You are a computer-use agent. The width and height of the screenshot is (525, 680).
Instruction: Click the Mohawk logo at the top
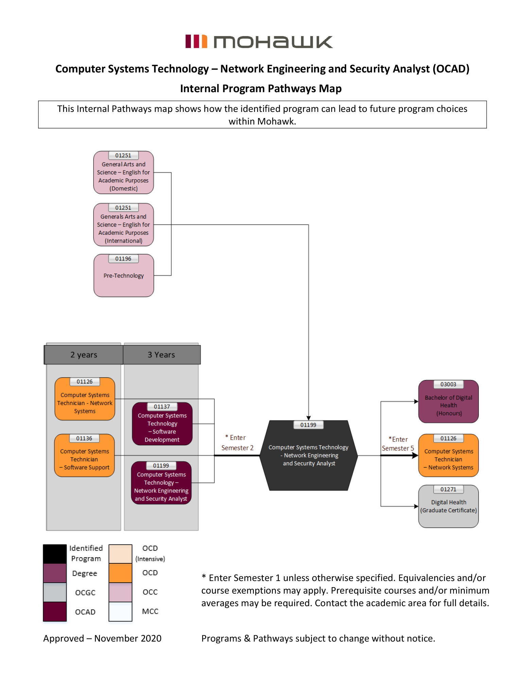click(259, 42)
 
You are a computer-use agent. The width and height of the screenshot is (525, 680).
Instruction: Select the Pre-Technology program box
click(124, 276)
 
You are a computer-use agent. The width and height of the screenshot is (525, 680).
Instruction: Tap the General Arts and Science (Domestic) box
click(124, 173)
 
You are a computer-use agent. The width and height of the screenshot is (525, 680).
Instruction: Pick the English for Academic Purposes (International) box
click(124, 225)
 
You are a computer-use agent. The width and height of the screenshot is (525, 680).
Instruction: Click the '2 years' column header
click(84, 355)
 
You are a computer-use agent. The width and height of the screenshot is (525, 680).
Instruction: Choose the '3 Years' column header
click(161, 355)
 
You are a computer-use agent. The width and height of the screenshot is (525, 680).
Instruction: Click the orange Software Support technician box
click(85, 455)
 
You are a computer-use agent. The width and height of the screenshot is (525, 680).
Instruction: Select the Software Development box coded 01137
click(162, 424)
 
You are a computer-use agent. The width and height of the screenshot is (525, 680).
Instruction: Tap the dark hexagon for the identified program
click(309, 455)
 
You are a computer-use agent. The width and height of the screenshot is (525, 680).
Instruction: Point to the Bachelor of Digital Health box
click(448, 402)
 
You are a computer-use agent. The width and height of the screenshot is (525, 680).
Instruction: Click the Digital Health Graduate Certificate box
click(448, 507)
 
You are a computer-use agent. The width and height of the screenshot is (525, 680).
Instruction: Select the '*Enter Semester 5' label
click(398, 444)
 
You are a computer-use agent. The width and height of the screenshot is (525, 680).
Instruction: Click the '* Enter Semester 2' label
click(237, 443)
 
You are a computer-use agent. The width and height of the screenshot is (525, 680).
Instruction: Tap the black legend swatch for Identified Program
click(55, 554)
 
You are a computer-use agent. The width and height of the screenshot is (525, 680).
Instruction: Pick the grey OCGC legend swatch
click(55, 592)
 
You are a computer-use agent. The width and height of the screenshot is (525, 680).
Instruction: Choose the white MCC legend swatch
click(120, 612)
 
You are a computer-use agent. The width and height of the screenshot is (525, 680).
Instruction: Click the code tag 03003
click(448, 384)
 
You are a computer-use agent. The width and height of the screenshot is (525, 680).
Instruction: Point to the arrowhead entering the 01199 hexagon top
click(309, 418)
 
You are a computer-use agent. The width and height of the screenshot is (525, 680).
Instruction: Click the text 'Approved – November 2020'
click(102, 638)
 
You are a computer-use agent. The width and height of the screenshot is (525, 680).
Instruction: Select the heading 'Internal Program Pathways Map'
click(261, 88)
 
